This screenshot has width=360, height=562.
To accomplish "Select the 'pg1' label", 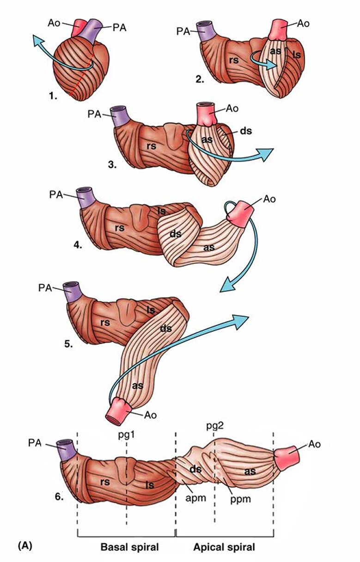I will (x=126, y=435).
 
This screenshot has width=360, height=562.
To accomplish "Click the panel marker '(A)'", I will (x=24, y=546).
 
